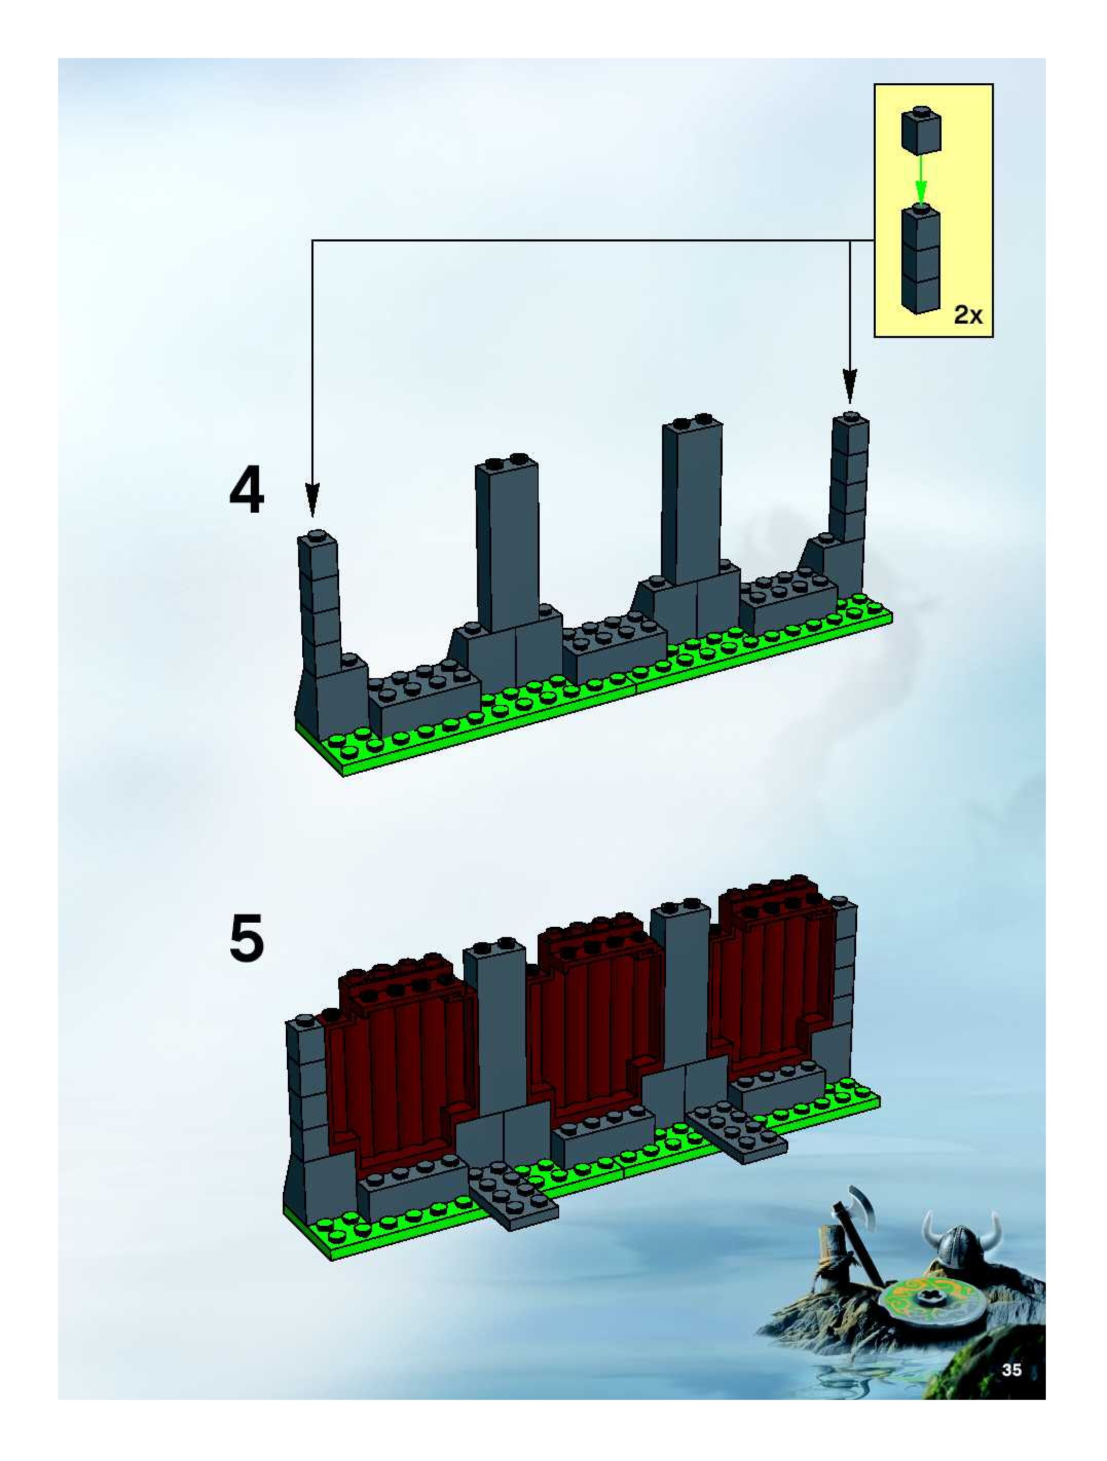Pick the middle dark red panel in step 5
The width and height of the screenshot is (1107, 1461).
click(x=588, y=1031)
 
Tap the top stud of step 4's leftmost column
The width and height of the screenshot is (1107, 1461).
click(x=317, y=535)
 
